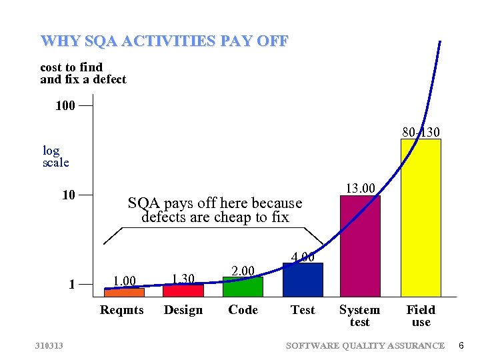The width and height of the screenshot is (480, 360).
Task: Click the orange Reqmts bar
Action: [124, 292]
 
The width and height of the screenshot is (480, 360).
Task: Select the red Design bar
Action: [183, 290]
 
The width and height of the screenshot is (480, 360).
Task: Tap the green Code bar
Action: [243, 287]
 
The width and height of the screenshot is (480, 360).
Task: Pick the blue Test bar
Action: [303, 279]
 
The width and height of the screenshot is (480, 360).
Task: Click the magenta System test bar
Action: [360, 245]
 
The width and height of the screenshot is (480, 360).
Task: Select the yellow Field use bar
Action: [421, 217]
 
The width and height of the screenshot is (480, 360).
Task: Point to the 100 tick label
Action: [65, 105]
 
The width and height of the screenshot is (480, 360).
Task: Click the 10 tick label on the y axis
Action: [69, 195]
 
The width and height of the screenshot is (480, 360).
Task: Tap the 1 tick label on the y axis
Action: [72, 285]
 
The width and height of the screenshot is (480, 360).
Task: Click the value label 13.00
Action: [361, 188]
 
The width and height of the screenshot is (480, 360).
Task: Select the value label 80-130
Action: [421, 132]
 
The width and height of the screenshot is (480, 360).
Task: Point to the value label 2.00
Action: [243, 270]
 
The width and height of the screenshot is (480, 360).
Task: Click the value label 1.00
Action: [124, 280]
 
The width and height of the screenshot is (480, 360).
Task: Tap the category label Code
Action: [243, 310]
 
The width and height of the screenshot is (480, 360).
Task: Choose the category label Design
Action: [183, 310]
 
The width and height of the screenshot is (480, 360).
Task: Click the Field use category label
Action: [421, 315]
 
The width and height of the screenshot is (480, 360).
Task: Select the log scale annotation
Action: [55, 157]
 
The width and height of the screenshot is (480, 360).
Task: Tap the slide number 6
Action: [461, 345]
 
